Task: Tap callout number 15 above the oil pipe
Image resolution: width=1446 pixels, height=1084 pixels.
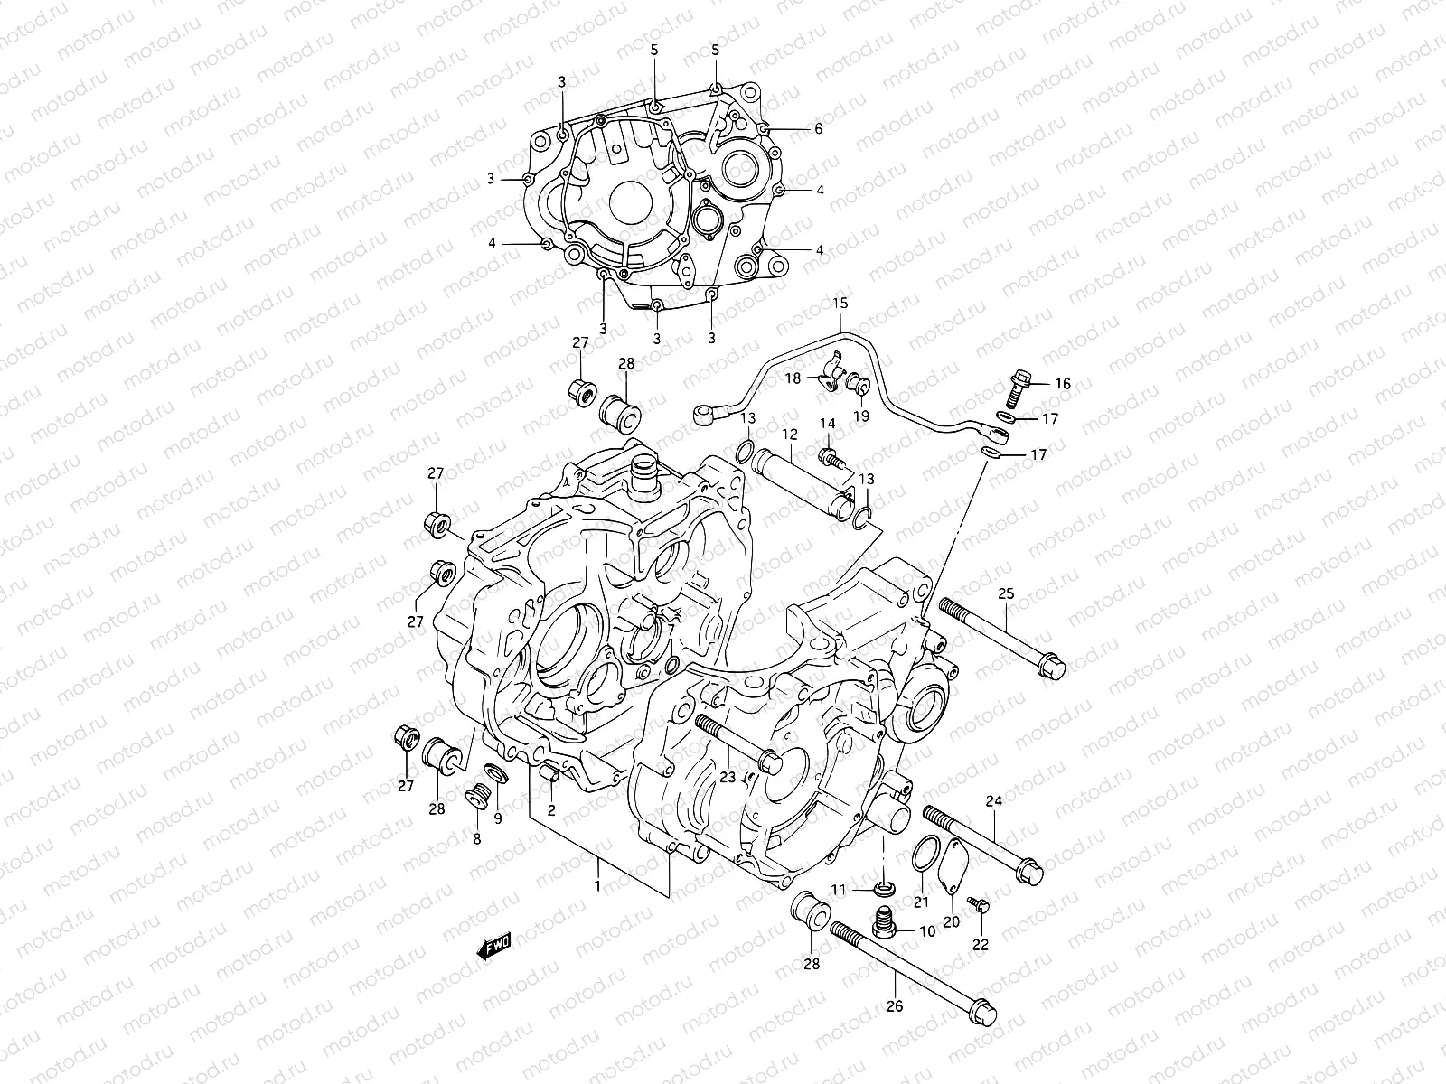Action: click(840, 304)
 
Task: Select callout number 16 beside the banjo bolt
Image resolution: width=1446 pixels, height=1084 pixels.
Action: click(1062, 384)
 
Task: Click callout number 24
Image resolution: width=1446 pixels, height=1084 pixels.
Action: click(994, 800)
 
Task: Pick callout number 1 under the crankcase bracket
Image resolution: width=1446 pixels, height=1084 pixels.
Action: click(596, 887)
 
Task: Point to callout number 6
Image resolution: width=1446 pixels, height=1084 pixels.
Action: click(818, 129)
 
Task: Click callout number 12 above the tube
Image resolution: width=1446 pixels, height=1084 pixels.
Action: click(789, 435)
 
